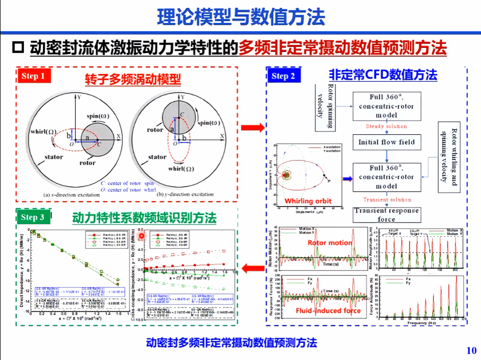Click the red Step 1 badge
tap(33, 75)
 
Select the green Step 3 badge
tap(33, 217)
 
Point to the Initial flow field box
tap(386, 142)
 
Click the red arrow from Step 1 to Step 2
tap(253, 127)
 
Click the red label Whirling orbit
tap(308, 201)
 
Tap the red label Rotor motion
tap(329, 242)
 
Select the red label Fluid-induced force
tap(328, 310)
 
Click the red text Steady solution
tap(386, 126)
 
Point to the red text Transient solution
tap(386, 199)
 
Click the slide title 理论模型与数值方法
tap(240, 17)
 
